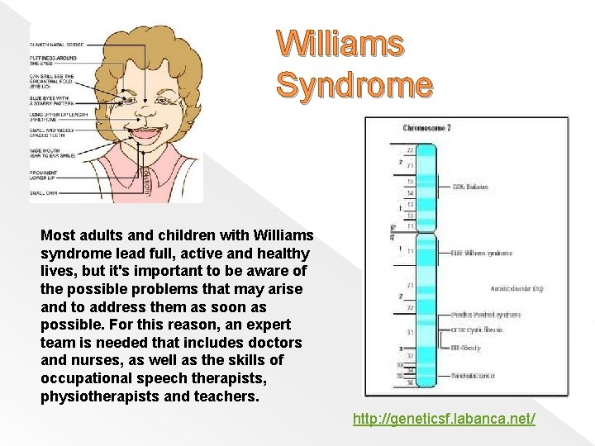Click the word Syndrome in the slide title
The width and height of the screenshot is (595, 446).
(x=354, y=83)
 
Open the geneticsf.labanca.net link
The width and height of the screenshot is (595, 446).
(x=444, y=419)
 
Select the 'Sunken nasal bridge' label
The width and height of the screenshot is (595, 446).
(x=55, y=44)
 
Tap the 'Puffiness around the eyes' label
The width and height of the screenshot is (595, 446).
(x=54, y=61)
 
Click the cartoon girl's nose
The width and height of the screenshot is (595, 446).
(x=146, y=107)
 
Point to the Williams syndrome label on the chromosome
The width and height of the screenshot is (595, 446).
(x=483, y=253)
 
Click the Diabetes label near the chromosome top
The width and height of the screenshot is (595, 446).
(x=470, y=187)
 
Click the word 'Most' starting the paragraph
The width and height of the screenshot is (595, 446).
(x=56, y=234)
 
